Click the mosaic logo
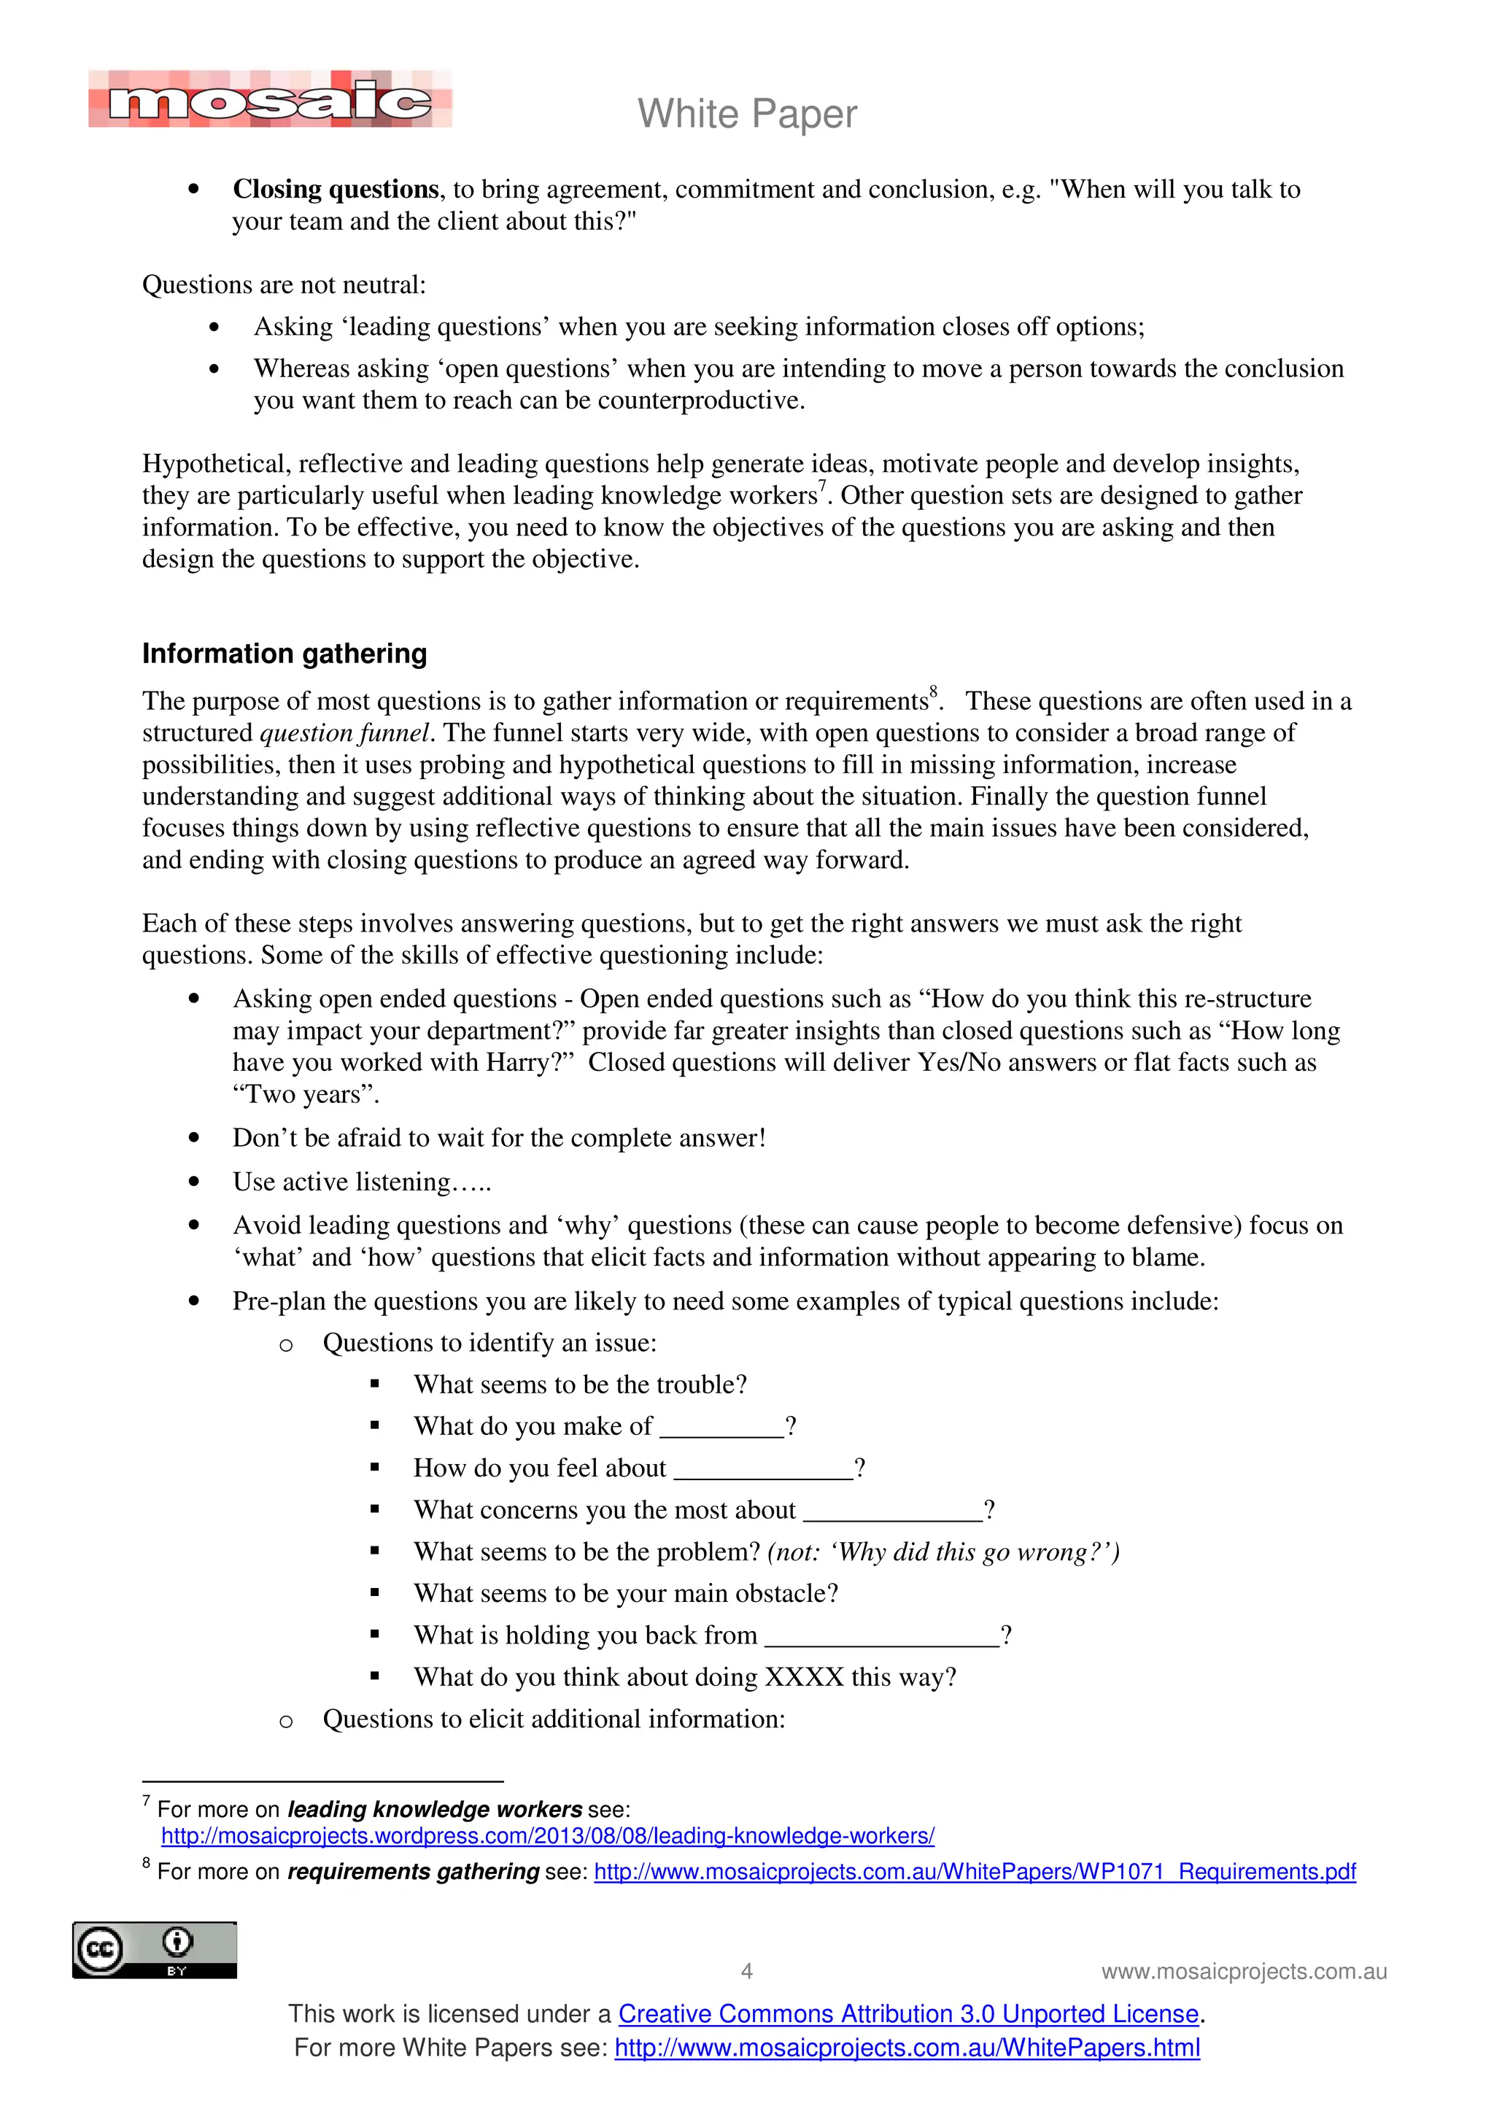(270, 99)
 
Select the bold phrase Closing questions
(335, 189)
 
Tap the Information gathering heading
(285, 654)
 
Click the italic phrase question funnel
(344, 733)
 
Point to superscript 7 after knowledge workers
(823, 485)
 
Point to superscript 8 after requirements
(934, 692)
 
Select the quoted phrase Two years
(305, 1095)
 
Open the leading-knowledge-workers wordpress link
(548, 1836)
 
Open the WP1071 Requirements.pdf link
(975, 1872)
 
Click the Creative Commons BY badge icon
(155, 1950)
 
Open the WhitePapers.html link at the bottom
(907, 2048)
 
